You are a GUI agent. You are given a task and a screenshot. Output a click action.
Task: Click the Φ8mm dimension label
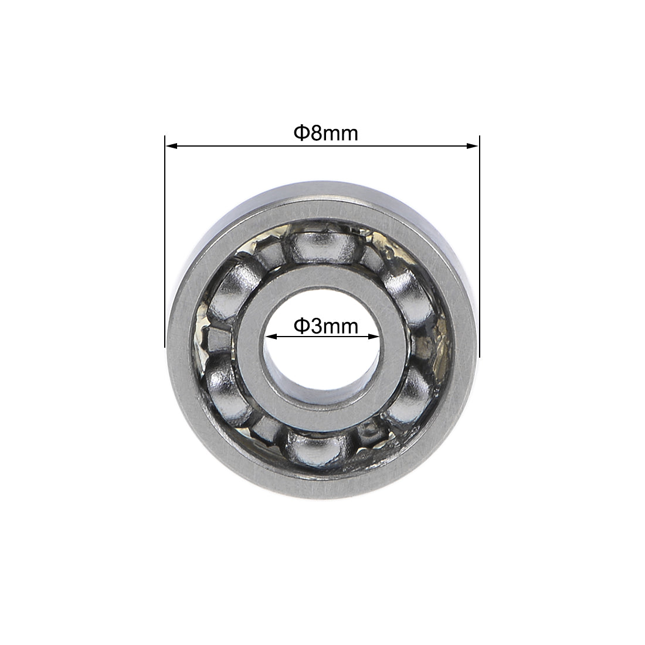pyautogui.click(x=325, y=134)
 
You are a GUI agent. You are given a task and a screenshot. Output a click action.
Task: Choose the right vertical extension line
pyautogui.click(x=480, y=246)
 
